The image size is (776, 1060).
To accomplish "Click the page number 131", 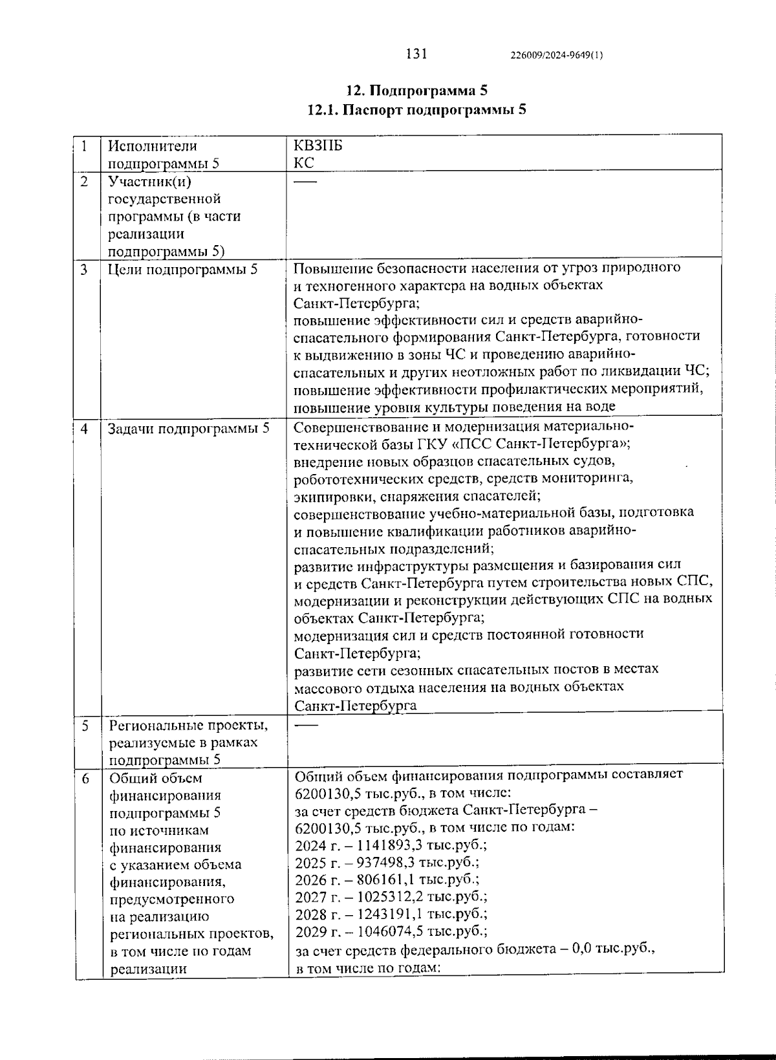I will point(416,54).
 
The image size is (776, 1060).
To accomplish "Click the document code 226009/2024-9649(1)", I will point(557,56).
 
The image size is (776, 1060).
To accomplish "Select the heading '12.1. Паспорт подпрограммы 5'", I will point(416,109).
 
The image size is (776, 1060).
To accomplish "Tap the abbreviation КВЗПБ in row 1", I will point(318,146).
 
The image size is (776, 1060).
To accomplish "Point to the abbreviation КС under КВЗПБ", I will point(304,163).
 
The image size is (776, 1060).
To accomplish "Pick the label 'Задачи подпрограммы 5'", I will point(188,428).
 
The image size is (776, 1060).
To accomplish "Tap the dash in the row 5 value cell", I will point(307,726).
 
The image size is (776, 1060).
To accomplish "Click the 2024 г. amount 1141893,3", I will point(384,845).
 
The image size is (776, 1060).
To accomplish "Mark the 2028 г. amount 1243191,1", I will point(384,914).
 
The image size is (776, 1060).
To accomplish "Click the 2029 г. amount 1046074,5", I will point(384,931).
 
